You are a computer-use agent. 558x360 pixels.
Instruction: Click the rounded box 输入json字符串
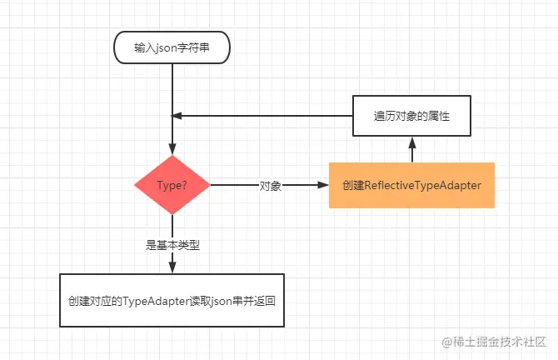[172, 48]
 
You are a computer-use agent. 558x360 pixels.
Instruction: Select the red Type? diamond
[172, 185]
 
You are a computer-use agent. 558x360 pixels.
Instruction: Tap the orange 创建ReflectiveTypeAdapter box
[411, 185]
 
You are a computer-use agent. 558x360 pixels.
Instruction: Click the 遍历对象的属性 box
[411, 116]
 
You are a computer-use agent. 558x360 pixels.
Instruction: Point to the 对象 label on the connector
[271, 186]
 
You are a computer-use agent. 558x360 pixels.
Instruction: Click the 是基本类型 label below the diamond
[172, 245]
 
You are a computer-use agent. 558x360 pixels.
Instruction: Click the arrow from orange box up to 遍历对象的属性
[411, 150]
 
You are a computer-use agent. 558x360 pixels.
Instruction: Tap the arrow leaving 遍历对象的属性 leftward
[267, 116]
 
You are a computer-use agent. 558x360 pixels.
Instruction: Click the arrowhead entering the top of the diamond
[172, 149]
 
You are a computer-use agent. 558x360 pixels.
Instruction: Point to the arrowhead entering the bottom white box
[172, 267]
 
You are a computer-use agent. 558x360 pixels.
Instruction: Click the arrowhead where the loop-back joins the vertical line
[177, 116]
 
